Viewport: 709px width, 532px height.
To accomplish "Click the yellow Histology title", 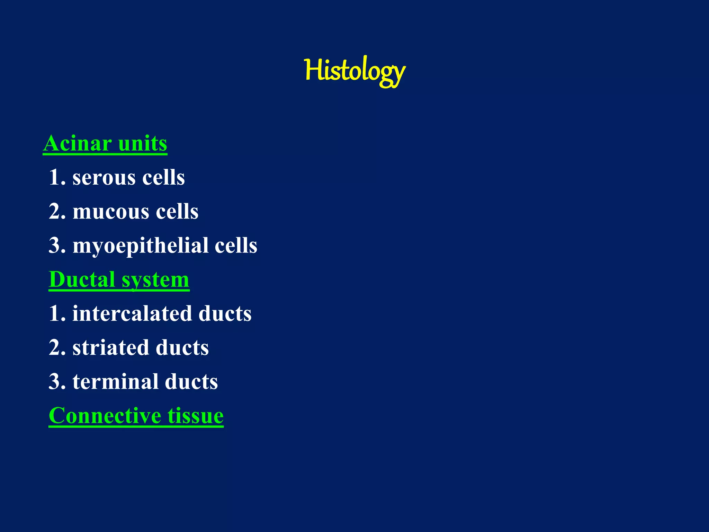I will [354, 71].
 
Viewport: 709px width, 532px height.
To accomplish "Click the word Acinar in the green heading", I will [77, 143].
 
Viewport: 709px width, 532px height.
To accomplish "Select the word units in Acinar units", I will [142, 143].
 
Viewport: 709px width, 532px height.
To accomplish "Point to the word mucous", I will [111, 212].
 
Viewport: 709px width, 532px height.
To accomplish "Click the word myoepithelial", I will [140, 246].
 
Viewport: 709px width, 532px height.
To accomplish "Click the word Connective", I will [105, 415].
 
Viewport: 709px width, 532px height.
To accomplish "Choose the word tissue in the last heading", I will [196, 415].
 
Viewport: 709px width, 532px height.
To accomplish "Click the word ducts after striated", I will [182, 347].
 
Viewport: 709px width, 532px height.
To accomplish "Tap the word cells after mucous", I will [177, 212].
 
